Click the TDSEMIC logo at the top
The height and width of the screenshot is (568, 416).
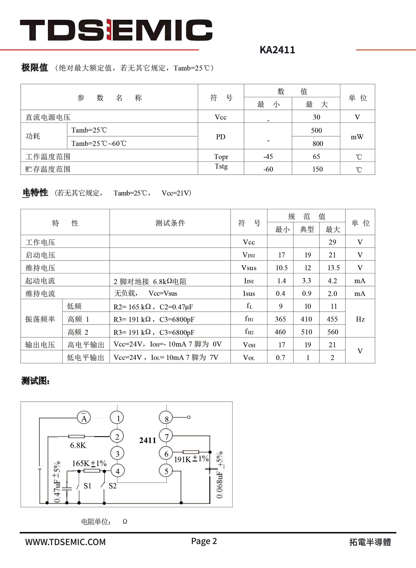click(116, 30)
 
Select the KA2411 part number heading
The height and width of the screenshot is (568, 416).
click(277, 50)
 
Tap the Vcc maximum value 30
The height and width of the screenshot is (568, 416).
click(316, 117)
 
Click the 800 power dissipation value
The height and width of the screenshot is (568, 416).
click(318, 143)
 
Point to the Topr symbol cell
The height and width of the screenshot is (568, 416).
click(221, 157)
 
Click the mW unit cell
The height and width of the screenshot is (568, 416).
click(357, 137)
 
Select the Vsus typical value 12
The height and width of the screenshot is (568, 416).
click(307, 268)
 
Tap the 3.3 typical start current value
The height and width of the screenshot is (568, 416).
click(306, 280)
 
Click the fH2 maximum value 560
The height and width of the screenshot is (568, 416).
click(332, 332)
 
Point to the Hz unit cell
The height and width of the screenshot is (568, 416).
click(360, 319)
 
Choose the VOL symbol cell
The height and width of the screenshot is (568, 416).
click(249, 357)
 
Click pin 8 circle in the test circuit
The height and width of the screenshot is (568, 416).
click(166, 418)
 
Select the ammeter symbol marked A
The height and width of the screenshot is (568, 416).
click(84, 418)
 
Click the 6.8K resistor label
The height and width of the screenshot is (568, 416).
click(78, 445)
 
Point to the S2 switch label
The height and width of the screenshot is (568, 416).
click(113, 486)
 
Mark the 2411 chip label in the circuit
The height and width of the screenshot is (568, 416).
click(148, 440)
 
